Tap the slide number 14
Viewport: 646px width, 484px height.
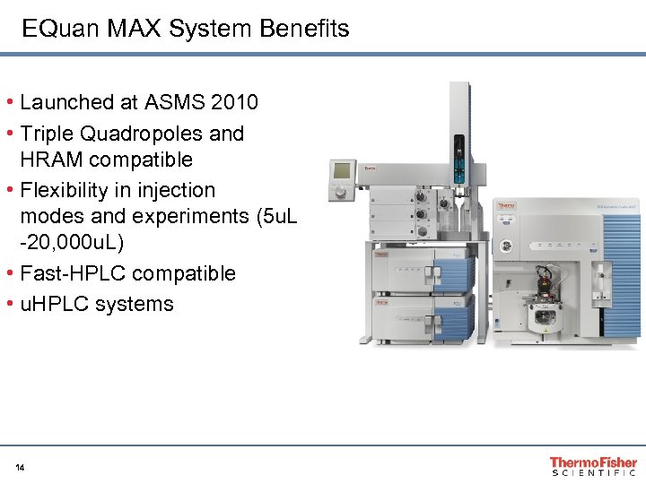pyautogui.click(x=20, y=467)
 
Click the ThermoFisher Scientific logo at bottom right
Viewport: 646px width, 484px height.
pyautogui.click(x=593, y=466)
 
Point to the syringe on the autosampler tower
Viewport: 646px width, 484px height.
pyautogui.click(x=459, y=157)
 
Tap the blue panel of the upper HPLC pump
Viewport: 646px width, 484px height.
pyautogui.click(x=453, y=269)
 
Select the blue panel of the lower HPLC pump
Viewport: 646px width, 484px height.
pyautogui.click(x=453, y=314)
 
